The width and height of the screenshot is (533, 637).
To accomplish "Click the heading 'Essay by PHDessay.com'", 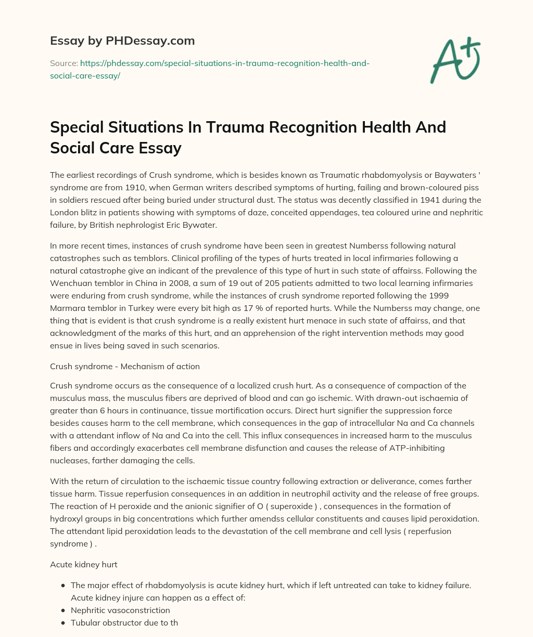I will (122, 40).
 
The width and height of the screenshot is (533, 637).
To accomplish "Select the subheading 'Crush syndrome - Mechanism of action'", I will (125, 366).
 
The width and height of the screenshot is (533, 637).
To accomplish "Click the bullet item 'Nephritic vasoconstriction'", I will (120, 610).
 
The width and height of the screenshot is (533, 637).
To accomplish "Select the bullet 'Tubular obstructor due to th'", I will (124, 622).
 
